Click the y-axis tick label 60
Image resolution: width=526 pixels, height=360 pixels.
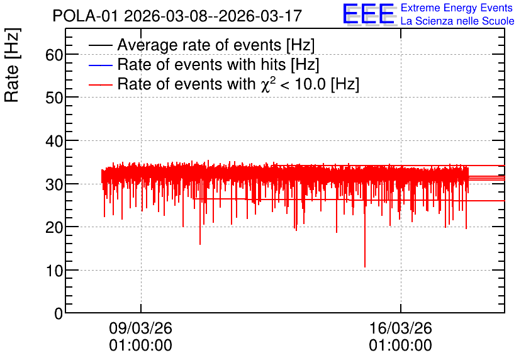54,55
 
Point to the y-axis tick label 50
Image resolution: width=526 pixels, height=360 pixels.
54,98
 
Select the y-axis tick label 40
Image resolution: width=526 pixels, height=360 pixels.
54,141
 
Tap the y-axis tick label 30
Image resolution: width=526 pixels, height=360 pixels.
54,184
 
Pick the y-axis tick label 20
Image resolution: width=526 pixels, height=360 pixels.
54,227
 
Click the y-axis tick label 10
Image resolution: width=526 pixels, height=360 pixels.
54,271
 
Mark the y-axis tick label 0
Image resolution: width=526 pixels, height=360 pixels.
59,313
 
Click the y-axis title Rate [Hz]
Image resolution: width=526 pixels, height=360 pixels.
12,65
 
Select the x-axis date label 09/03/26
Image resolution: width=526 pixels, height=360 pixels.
140,328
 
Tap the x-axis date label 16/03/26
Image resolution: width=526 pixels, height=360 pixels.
401,328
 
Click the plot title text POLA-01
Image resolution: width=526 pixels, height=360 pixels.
86,16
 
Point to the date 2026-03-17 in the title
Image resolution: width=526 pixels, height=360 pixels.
260,16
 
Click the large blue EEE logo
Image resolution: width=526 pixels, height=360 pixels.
369,14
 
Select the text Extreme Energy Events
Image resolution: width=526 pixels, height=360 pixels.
457,8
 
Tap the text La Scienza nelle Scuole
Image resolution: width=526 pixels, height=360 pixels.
457,21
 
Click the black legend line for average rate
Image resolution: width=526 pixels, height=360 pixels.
100,45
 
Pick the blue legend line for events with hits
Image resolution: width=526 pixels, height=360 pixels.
100,65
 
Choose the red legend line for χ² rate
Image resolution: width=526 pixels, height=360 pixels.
100,84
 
